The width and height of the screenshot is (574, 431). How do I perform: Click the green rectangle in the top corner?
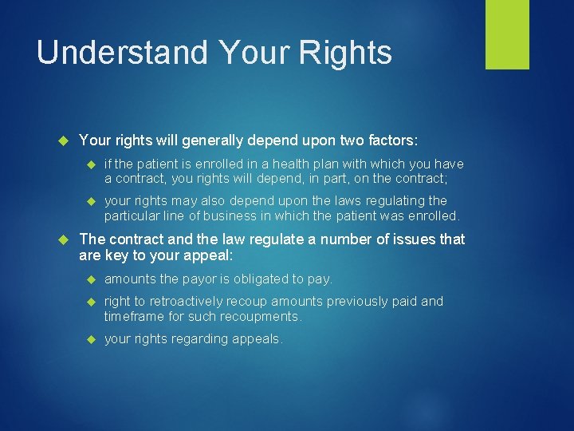(507, 34)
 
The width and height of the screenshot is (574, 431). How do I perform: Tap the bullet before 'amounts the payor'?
(90, 279)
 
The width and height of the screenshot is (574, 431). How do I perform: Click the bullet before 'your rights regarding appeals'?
(90, 338)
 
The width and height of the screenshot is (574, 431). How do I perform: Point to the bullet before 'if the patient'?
(90, 164)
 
